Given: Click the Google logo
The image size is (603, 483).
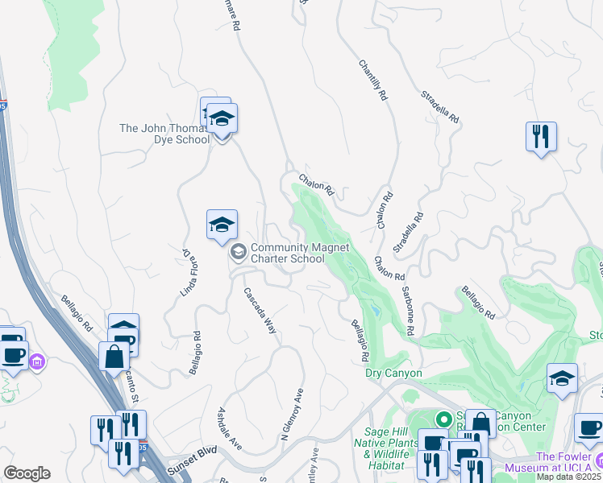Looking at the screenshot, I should tap(27, 473).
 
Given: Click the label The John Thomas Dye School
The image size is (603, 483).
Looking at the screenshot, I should tap(164, 133).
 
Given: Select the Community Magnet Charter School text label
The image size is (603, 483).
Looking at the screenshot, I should tap(287, 254).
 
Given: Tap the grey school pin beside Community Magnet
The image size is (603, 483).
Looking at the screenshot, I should tap(238, 253).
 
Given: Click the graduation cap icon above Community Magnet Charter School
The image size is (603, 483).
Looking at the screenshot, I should tap(222, 225).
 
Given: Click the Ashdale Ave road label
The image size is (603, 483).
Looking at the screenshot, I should tap(230, 428).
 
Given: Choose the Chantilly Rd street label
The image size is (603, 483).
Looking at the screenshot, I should tap(372, 78).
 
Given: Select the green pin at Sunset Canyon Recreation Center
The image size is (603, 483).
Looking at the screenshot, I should tap(442, 419).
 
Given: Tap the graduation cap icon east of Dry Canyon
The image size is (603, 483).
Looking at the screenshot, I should tap(562, 378).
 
